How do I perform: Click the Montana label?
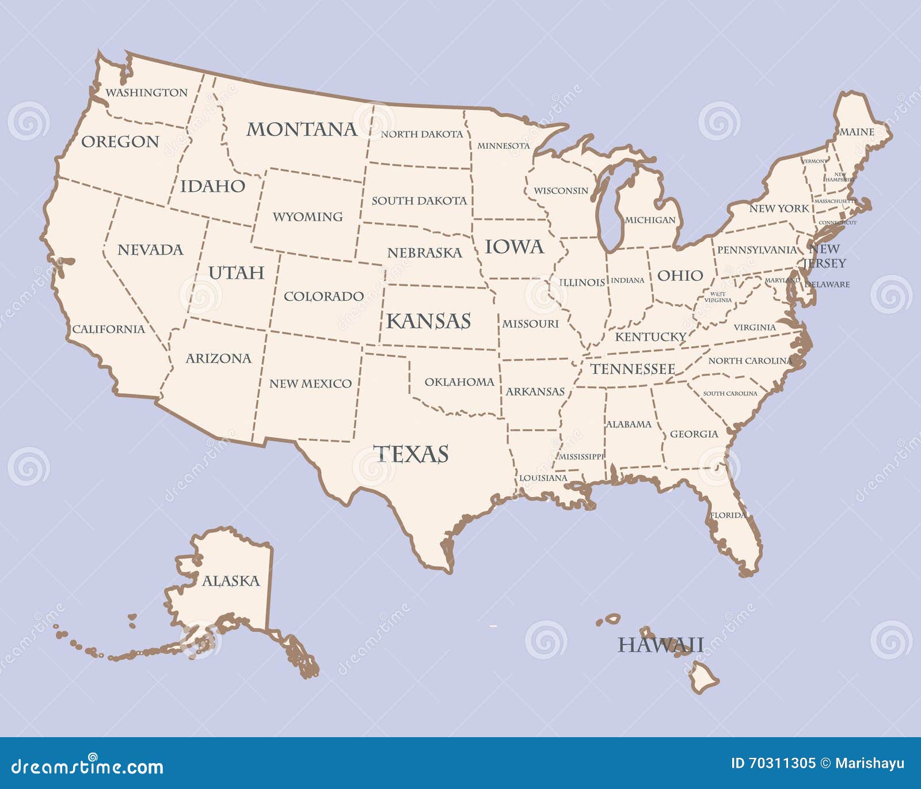click(302, 130)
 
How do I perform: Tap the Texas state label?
click(410, 454)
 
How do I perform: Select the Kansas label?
click(428, 321)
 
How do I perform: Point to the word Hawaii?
click(660, 644)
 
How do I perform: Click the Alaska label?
click(231, 581)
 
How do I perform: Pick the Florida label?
click(728, 515)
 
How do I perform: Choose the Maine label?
click(857, 132)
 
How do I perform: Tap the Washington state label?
click(146, 93)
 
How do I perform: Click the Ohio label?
click(680, 275)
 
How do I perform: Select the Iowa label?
click(514, 247)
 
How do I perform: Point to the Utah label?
click(236, 272)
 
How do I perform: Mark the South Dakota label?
click(419, 201)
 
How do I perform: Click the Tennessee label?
click(633, 369)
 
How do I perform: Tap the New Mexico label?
click(310, 384)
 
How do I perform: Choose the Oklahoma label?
click(459, 382)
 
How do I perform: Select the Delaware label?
click(827, 285)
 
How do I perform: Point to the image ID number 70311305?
click(781, 764)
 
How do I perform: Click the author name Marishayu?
click(869, 764)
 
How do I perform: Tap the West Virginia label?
click(718, 297)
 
